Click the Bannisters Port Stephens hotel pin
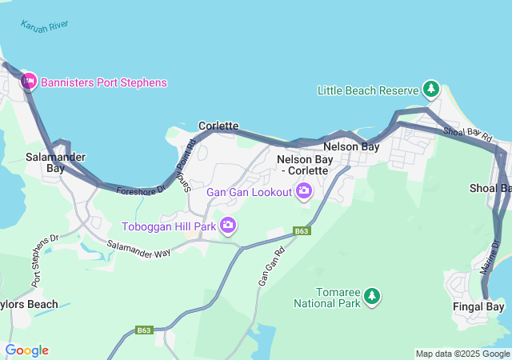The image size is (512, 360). coord(29,82)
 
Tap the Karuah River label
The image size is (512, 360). coord(46,26)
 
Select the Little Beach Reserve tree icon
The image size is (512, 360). coord(431,90)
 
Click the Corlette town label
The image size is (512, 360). coord(218,126)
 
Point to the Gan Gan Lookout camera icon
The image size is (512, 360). coord(304,190)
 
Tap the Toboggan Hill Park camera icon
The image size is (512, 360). coord(228,226)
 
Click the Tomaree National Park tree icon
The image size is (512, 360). coord(371,297)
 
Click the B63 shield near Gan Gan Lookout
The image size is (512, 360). coord(301,231)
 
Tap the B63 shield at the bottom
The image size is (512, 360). coord(144,330)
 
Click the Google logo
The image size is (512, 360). coord(26,350)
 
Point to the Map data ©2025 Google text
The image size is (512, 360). coord(462,354)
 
